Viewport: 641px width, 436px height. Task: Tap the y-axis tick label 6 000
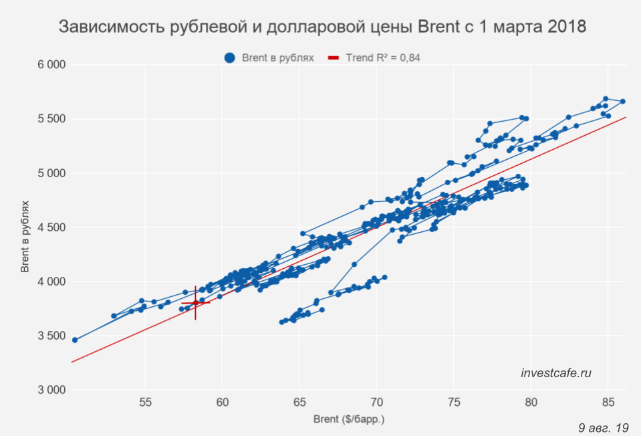(51, 65)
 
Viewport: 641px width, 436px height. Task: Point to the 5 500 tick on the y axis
(51, 119)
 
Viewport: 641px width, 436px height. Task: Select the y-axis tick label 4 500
(51, 227)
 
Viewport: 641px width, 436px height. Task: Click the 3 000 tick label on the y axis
(51, 390)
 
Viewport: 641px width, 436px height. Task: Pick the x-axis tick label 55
(145, 403)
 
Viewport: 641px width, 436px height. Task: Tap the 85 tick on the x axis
(608, 403)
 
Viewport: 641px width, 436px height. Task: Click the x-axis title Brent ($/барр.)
(349, 420)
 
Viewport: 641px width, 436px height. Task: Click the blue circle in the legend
(230, 58)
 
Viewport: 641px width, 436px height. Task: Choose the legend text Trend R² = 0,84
(383, 58)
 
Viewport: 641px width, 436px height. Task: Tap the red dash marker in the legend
(334, 58)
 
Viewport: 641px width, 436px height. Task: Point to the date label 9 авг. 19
(604, 427)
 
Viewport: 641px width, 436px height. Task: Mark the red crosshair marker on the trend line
(195, 303)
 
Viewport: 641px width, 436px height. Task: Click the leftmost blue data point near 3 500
(75, 340)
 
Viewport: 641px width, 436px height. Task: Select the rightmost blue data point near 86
(622, 102)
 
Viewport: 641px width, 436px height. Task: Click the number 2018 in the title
(565, 27)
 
